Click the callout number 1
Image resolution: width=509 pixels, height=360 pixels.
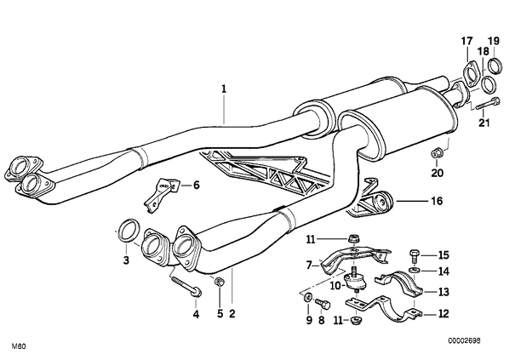[x=224, y=89]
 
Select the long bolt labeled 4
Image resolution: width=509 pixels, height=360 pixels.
[x=186, y=286]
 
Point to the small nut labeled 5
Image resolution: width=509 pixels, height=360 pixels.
[x=219, y=282]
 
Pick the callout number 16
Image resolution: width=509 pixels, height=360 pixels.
[x=438, y=201]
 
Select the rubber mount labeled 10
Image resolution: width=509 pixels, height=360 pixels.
[x=353, y=282]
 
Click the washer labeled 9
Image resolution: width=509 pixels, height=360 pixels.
[x=307, y=297]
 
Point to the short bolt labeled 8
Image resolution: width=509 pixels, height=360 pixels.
[x=323, y=305]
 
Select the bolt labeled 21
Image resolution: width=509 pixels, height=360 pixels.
[x=488, y=104]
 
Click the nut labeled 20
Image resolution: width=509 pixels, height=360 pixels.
[x=437, y=152]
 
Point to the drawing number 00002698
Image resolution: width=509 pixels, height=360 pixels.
[x=465, y=340]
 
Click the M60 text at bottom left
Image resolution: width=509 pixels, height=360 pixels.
[x=19, y=346]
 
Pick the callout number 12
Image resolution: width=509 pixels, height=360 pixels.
[x=443, y=314]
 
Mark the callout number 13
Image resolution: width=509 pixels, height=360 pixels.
[x=443, y=292]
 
